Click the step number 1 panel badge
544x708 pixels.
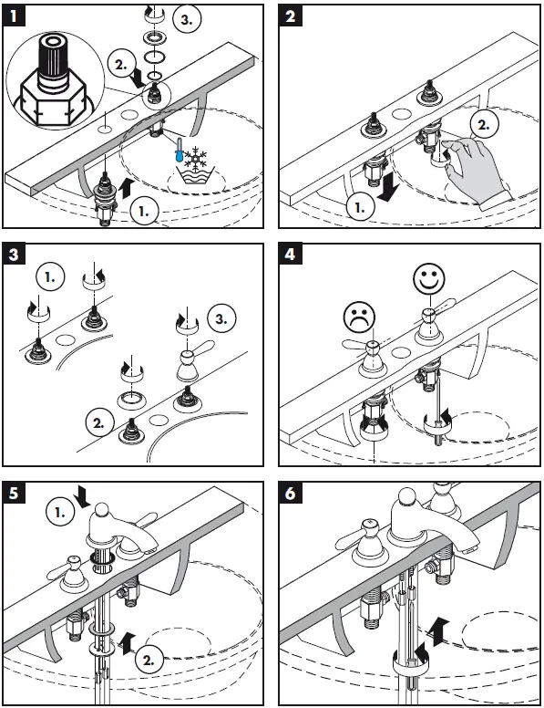(x=14, y=16)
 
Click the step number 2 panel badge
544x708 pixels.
(x=290, y=16)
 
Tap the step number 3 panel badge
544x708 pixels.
(x=14, y=255)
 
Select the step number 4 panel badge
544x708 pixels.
(x=290, y=255)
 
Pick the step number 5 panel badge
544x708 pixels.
(x=14, y=493)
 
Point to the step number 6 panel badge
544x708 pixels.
(x=290, y=493)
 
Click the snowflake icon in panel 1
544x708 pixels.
(x=196, y=159)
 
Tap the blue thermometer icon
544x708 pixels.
(x=180, y=151)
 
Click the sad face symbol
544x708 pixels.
(x=360, y=318)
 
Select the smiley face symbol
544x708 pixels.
(x=429, y=278)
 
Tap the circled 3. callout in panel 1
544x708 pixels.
(x=187, y=19)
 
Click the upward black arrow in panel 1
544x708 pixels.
(x=128, y=187)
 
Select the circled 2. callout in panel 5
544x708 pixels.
(x=149, y=661)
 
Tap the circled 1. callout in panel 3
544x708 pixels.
(x=50, y=276)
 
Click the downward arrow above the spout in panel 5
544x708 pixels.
(x=84, y=495)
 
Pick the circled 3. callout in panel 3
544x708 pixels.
(x=221, y=318)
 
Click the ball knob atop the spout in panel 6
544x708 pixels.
(x=408, y=495)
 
